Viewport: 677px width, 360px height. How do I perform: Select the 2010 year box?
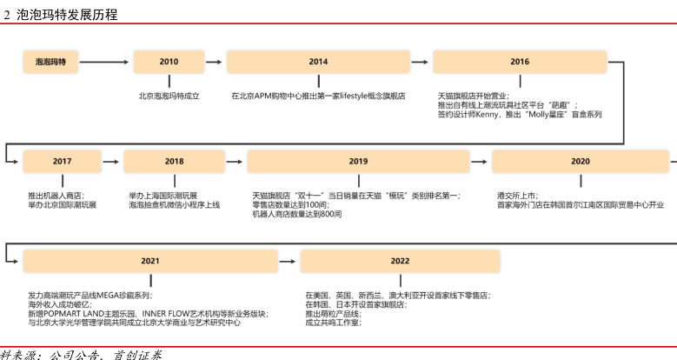click(169, 62)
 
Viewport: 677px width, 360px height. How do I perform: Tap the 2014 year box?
click(318, 62)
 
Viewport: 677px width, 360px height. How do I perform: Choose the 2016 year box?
click(520, 62)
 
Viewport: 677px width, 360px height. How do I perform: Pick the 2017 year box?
click(63, 161)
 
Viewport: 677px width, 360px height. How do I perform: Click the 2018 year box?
click(174, 161)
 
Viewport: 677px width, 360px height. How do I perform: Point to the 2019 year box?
click(358, 161)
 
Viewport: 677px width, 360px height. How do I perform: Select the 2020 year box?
click(580, 161)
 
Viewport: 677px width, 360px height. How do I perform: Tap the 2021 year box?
click(149, 261)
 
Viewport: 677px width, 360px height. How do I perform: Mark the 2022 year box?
click(400, 261)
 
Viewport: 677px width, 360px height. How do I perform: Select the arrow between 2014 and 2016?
click(421, 62)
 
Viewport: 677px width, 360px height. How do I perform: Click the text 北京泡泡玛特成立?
click(169, 96)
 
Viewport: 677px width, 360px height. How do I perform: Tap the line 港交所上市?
click(517, 196)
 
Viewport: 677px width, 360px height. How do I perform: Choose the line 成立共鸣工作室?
click(333, 323)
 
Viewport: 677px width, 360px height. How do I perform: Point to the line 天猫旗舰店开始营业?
click(474, 96)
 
